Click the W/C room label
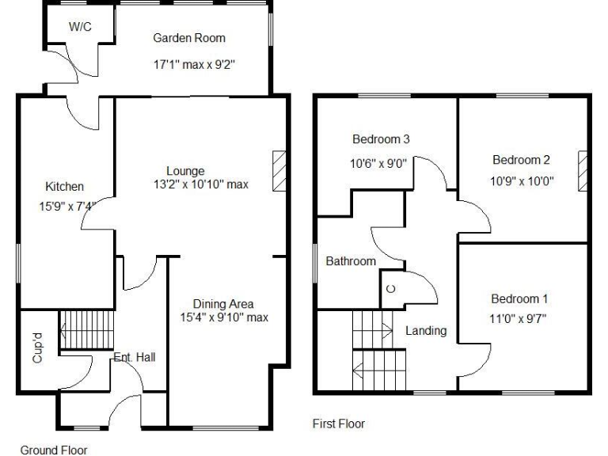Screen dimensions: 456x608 coord(80,27)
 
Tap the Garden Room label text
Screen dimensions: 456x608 coord(189,38)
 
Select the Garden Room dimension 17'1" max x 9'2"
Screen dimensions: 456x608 coord(194,65)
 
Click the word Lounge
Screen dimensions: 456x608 coord(186,171)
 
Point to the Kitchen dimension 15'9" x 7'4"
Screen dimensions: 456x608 coord(71,207)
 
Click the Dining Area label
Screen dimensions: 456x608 coord(224,304)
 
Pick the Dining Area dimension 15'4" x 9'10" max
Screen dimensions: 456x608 coord(225,318)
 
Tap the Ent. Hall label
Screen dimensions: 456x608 coord(135,357)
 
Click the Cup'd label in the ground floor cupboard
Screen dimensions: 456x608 coord(36,348)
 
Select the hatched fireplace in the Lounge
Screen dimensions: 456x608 coord(279,169)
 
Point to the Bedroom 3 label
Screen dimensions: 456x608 coord(381,140)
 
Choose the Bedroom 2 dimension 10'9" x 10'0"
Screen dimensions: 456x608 coord(521,180)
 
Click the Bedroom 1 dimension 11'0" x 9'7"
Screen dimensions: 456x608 coord(519,319)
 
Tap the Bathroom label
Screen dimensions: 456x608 coord(351,261)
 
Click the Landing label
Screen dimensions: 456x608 coord(426,331)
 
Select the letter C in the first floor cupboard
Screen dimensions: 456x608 coord(390,289)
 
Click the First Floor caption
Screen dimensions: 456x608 coord(339,424)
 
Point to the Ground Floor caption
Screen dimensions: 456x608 coord(54,450)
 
